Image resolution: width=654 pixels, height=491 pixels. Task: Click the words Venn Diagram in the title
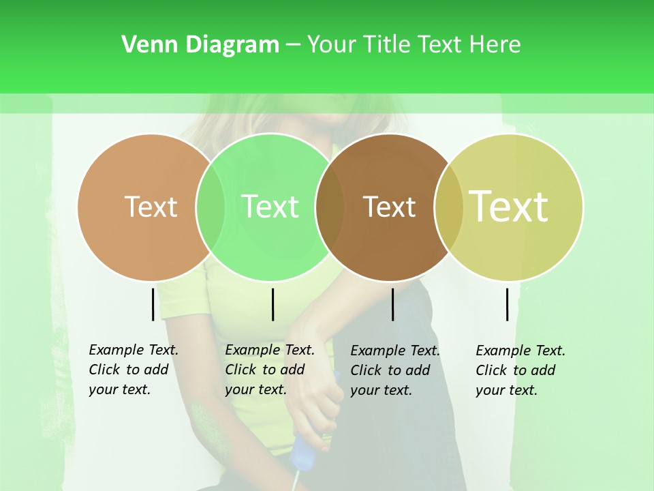pyautogui.click(x=200, y=45)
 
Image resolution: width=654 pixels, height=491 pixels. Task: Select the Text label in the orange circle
pyautogui.click(x=151, y=207)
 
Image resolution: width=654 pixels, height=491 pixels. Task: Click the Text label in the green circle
pyautogui.click(x=270, y=207)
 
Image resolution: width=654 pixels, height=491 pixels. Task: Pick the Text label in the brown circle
pyautogui.click(x=389, y=207)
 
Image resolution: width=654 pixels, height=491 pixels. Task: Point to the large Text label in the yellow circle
pyautogui.click(x=509, y=207)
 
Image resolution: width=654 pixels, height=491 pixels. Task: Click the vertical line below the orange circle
pyautogui.click(x=153, y=304)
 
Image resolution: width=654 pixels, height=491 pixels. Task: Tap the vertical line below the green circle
pyautogui.click(x=272, y=304)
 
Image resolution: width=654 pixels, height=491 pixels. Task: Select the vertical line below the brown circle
pyautogui.click(x=392, y=304)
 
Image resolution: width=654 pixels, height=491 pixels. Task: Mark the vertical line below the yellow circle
pyautogui.click(x=507, y=304)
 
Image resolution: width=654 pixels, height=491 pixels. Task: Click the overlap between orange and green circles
pyautogui.click(x=211, y=207)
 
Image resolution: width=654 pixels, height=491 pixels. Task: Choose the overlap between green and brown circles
pyautogui.click(x=330, y=207)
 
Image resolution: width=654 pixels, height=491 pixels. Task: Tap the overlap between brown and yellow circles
pyautogui.click(x=448, y=207)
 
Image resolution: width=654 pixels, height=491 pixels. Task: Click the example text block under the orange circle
pyautogui.click(x=133, y=370)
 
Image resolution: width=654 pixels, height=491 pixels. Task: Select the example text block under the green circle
pyautogui.click(x=269, y=370)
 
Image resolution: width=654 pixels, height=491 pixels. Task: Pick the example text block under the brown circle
pyautogui.click(x=394, y=370)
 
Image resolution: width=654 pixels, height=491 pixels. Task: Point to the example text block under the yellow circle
pyautogui.click(x=520, y=370)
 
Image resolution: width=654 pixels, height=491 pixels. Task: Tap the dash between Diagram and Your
pyautogui.click(x=293, y=46)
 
